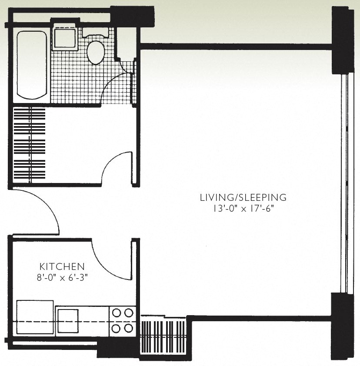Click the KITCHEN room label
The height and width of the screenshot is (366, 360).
(62, 266)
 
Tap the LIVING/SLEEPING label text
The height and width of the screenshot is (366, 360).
(243, 197)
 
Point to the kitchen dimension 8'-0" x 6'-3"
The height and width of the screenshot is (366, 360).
(62, 278)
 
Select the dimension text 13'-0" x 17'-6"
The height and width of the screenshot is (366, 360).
(243, 209)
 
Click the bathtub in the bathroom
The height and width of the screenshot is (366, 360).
(32, 65)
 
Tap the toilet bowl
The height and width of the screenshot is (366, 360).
(96, 52)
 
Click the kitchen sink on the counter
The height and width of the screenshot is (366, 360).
(68, 321)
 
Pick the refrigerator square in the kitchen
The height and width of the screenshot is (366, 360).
(35, 317)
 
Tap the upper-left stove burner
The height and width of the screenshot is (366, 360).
(116, 313)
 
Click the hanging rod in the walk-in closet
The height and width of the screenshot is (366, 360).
(30, 145)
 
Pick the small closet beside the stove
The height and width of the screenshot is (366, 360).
(163, 336)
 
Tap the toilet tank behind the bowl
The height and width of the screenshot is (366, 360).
(95, 32)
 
